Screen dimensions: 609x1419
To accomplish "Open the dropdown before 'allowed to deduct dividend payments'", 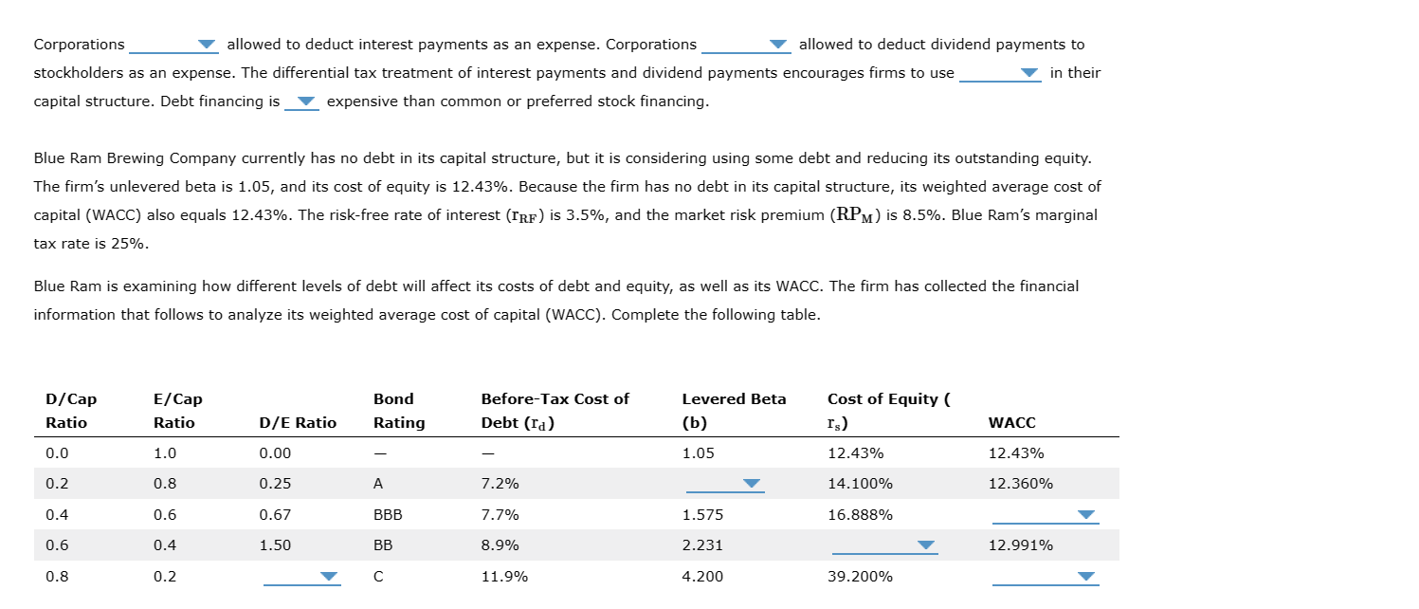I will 745,45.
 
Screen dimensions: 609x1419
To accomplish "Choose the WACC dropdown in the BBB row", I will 1045,515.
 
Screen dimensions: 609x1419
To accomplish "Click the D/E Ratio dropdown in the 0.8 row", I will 301,577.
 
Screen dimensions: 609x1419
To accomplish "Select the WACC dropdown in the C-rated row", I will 1045,577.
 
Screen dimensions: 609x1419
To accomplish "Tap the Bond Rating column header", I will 399,411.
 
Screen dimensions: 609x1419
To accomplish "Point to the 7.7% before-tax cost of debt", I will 500,515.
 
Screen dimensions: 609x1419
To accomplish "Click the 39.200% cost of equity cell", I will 860,577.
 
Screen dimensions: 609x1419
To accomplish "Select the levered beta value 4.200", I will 700,577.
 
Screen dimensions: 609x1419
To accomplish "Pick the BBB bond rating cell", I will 388,515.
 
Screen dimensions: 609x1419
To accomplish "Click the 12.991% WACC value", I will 1020,545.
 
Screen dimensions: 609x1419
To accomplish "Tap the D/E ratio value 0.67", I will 275,515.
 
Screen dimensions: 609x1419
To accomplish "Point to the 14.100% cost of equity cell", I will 860,484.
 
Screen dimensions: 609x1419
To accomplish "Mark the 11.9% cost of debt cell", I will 504,577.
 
